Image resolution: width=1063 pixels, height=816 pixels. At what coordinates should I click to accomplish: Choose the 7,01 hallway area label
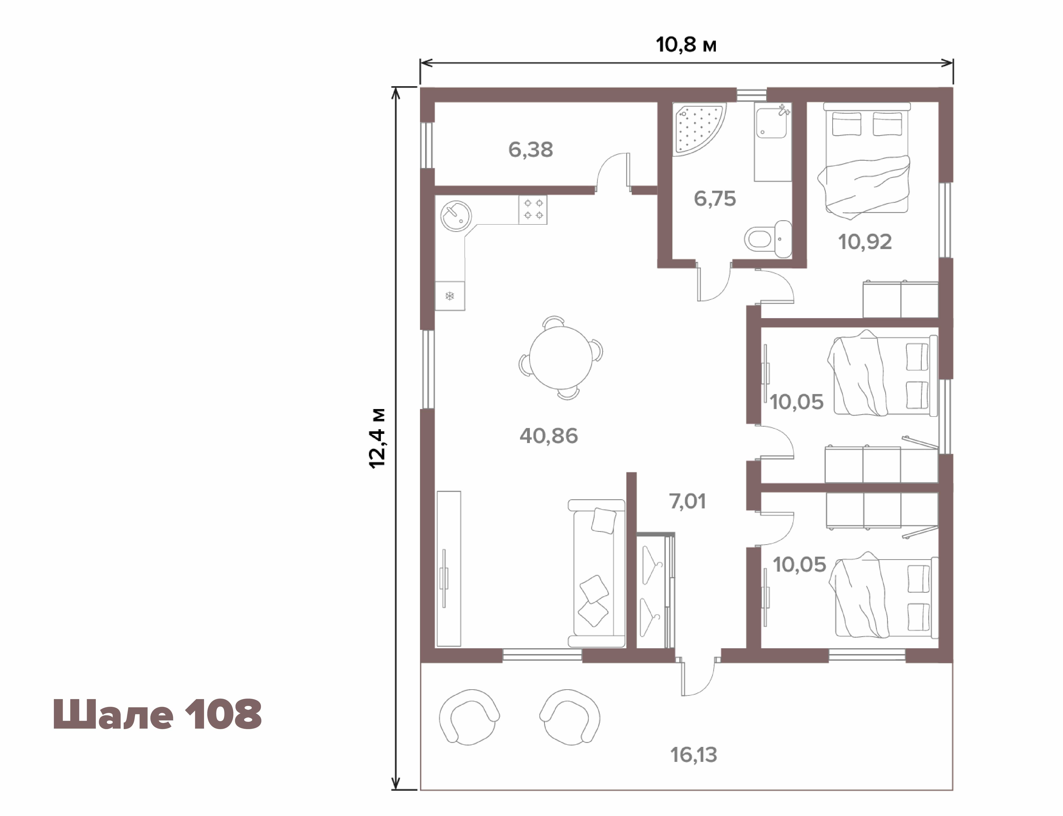(x=688, y=501)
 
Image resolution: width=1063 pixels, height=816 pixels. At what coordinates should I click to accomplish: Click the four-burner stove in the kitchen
(x=533, y=210)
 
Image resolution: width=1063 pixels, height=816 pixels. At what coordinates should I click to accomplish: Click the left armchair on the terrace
(x=469, y=716)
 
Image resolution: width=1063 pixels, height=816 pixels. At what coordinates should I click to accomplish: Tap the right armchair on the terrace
(x=570, y=716)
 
